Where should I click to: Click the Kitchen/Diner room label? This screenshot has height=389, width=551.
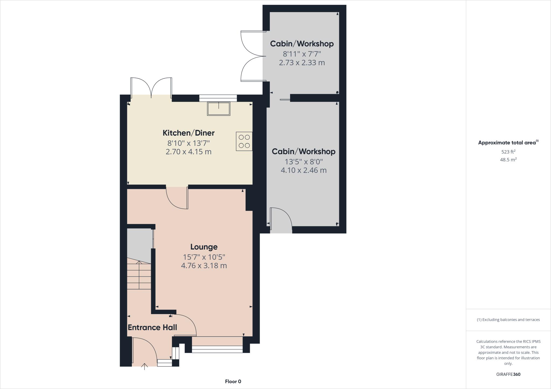(x=188, y=133)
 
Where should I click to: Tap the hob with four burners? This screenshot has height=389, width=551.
(x=244, y=141)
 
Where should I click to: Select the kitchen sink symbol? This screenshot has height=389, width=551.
(x=218, y=109)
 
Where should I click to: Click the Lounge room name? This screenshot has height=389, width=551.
(x=204, y=247)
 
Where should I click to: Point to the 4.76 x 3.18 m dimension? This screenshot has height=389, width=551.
(x=204, y=266)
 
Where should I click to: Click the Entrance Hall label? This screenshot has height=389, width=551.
(x=152, y=327)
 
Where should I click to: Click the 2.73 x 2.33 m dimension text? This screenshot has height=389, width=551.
(x=302, y=63)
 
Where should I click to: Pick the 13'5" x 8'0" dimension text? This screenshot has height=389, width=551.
(x=303, y=162)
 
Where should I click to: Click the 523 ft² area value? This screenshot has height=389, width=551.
(x=508, y=152)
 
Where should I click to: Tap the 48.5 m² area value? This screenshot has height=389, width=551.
(x=508, y=160)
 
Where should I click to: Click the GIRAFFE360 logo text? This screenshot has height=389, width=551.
(x=508, y=374)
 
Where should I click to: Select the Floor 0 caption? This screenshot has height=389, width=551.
(x=233, y=381)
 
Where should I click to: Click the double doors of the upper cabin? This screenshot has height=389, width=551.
(x=252, y=56)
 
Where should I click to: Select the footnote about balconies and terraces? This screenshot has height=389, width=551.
(x=508, y=320)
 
